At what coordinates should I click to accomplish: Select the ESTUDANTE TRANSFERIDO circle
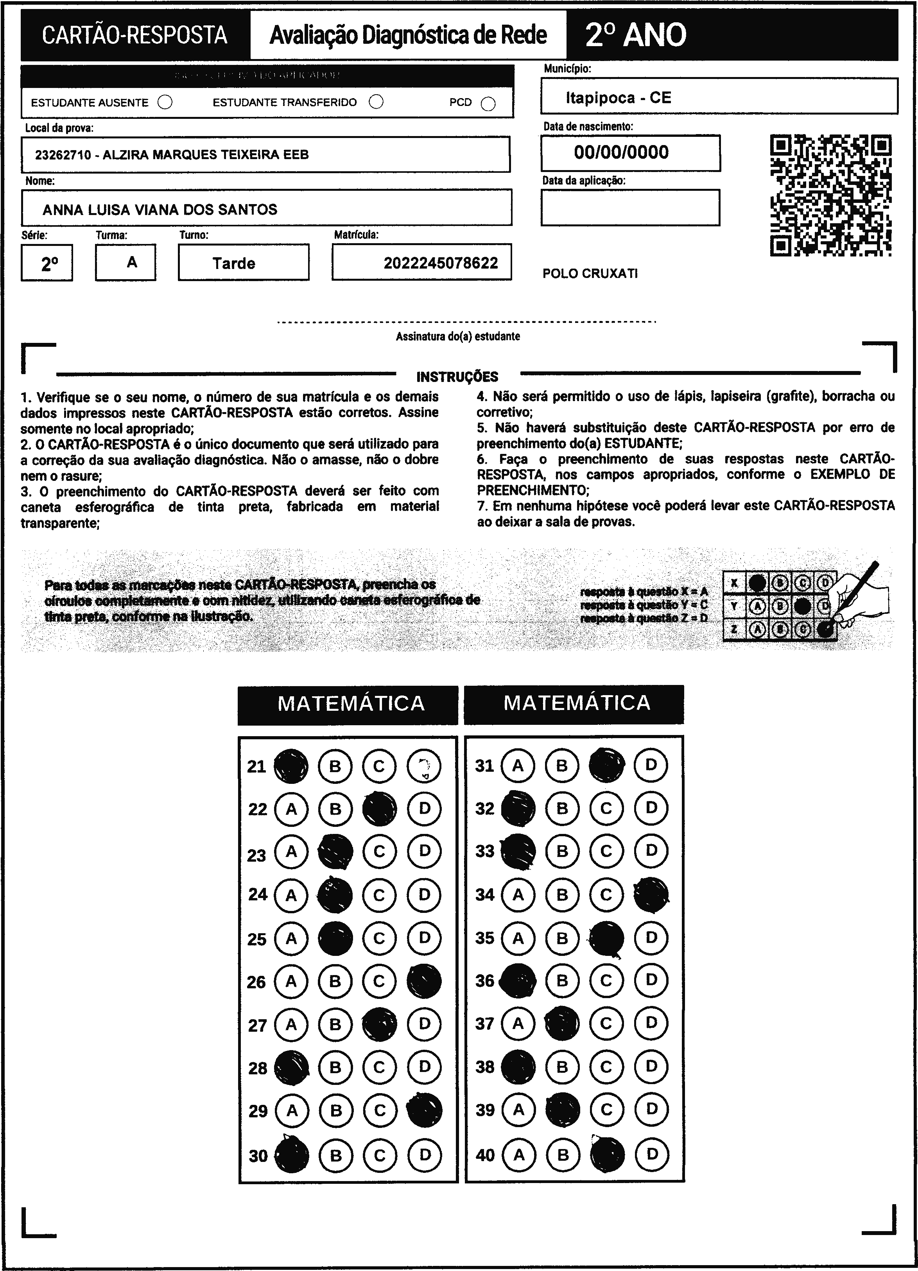coord(377,102)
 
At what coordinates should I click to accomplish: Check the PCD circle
coord(488,104)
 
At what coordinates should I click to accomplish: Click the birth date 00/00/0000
coord(621,152)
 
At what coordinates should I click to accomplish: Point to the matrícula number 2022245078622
coord(441,263)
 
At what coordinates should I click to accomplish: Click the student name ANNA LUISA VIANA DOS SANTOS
coord(160,210)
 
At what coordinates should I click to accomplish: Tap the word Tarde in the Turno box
coord(234,264)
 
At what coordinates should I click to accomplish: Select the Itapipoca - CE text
coord(618,98)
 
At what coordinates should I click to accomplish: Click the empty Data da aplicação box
coord(630,207)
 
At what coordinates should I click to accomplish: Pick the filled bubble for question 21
coord(290,766)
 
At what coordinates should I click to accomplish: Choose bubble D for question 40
coord(651,1154)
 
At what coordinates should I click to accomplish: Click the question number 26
coord(257,982)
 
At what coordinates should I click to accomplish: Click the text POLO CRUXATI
coord(590,274)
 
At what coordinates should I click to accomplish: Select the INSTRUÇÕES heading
coord(457,376)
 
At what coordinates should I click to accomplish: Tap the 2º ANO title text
coord(636,35)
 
